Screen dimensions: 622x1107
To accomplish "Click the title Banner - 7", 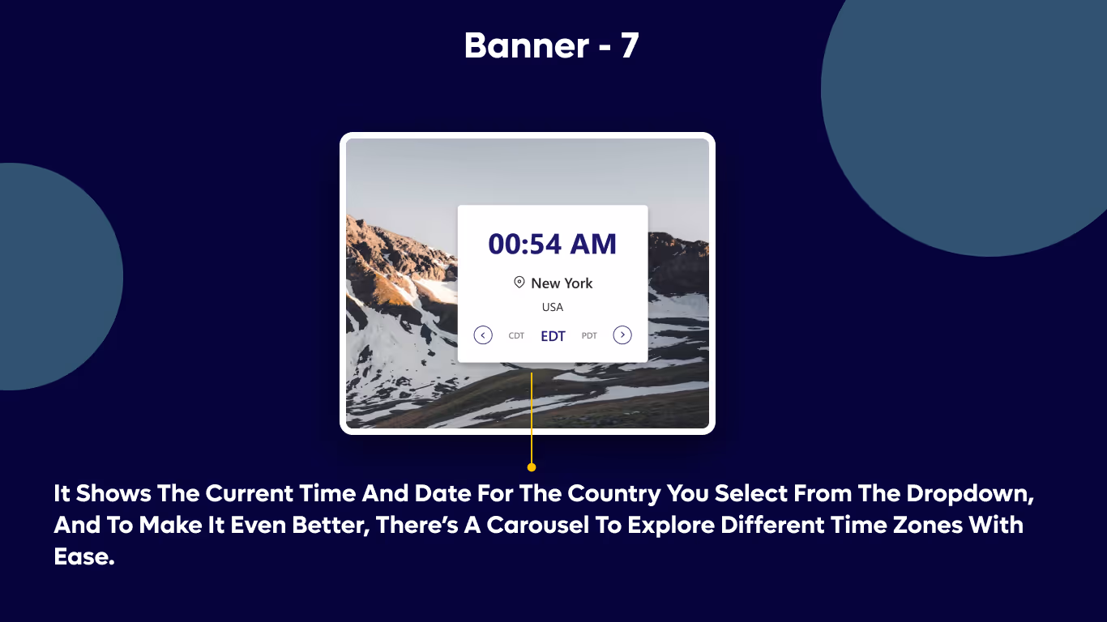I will coord(552,46).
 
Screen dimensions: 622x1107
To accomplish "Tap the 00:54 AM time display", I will coord(552,244).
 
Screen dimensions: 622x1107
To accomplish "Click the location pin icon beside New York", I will coord(519,282).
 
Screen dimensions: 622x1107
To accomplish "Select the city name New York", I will coord(562,283).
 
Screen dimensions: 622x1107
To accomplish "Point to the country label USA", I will coord(552,308).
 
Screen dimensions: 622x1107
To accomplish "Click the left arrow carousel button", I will coord(483,335).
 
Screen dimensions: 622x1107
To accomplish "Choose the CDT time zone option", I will coord(516,336).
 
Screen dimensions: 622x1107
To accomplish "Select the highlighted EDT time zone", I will coord(553,336).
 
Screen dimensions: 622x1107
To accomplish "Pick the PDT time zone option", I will coord(589,336).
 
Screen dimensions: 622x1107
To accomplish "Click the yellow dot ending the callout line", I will coord(532,467).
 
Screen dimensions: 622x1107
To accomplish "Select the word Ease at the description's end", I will coord(83,557).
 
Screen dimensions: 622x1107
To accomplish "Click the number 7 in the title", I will coord(630,46).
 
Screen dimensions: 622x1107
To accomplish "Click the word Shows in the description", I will coord(113,493).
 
